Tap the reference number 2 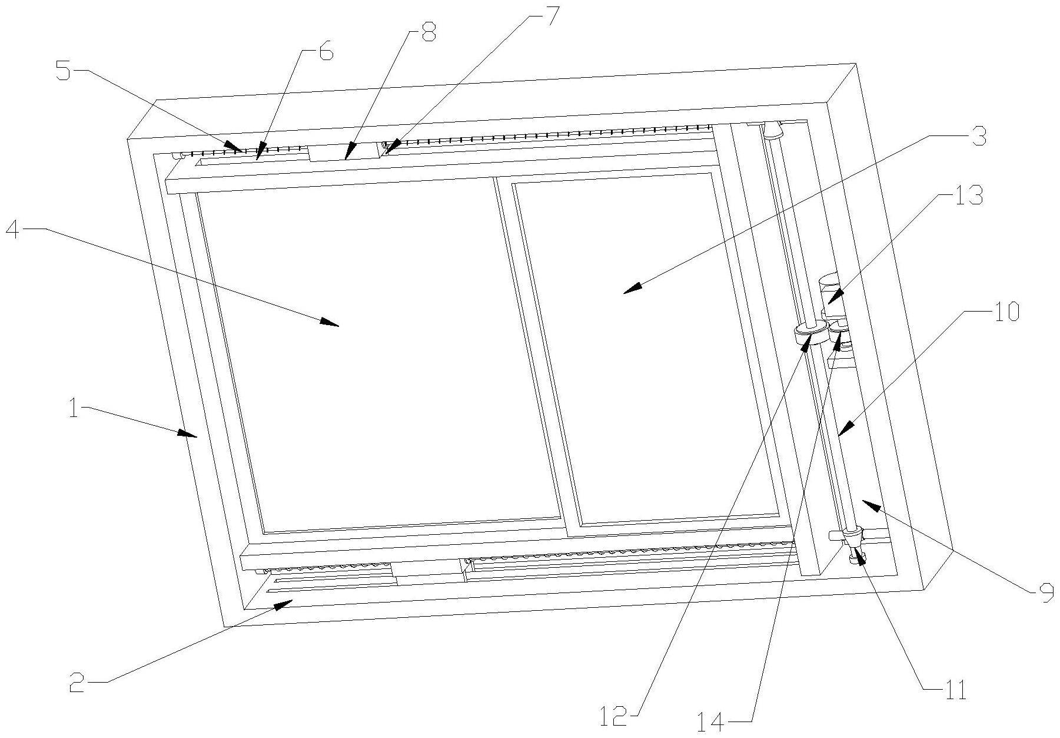click(x=77, y=683)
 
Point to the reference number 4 click(x=15, y=230)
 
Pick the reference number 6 click(x=325, y=52)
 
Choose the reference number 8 click(x=427, y=34)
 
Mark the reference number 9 click(x=1045, y=595)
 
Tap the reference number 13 click(x=968, y=196)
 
